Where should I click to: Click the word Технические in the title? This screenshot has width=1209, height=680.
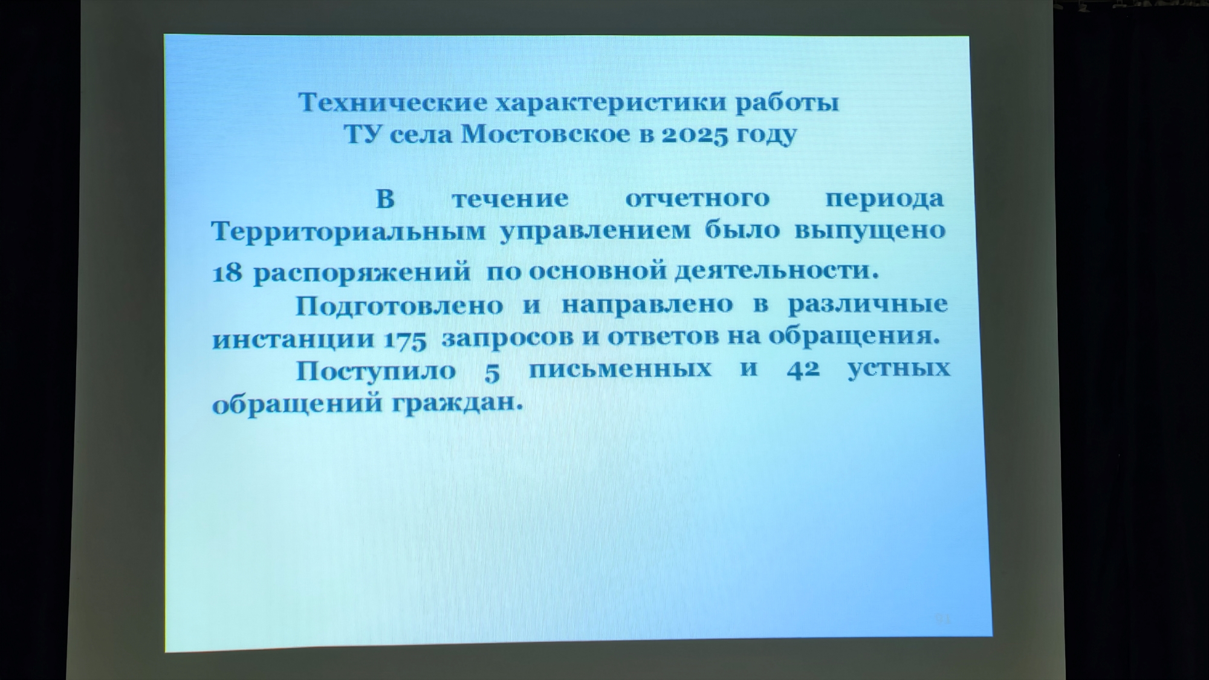393,103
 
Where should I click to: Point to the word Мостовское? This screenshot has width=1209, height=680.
545,134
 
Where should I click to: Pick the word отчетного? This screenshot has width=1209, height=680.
698,199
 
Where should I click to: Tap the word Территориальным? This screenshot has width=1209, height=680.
348,231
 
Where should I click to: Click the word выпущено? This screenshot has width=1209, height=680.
870,232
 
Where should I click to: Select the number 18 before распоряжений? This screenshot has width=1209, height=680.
227,273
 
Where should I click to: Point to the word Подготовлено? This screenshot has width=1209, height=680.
400,306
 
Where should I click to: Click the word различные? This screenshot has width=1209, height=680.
868,304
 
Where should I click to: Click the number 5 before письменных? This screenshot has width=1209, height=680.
493,372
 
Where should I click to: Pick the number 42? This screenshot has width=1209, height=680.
803,369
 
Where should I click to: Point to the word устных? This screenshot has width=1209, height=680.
899,369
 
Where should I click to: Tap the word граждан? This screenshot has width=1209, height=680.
458,403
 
